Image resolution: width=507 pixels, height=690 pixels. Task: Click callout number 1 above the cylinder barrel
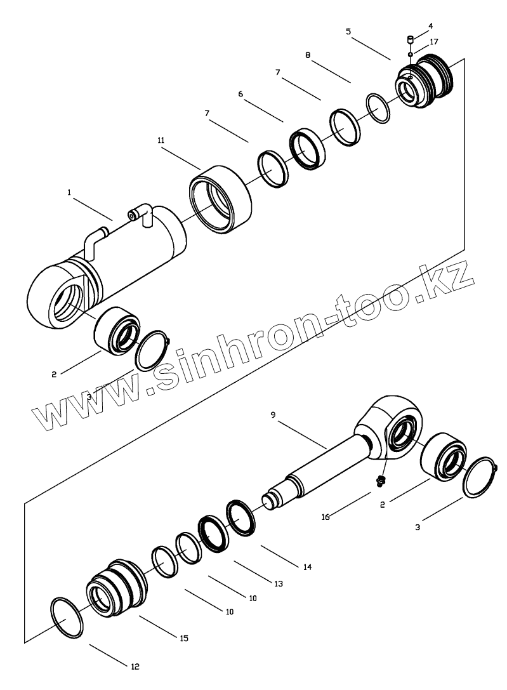[x=69, y=191]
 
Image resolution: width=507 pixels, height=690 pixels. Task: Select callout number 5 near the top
[x=348, y=30]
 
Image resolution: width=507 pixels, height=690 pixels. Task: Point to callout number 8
[x=308, y=55]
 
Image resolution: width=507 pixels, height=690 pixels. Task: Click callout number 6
[x=240, y=93]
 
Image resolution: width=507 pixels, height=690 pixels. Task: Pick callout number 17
[x=434, y=41]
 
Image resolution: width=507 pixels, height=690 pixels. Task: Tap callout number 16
[x=326, y=517]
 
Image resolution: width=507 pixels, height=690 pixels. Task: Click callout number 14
[x=307, y=566]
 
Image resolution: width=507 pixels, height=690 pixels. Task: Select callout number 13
[x=278, y=583]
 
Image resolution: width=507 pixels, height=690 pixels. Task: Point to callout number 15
[x=184, y=637]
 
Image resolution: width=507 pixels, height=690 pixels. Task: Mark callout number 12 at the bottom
[x=135, y=666]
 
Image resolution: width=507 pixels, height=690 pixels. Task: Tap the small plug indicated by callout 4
[x=410, y=41]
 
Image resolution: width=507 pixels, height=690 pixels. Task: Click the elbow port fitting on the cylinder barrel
[x=142, y=213]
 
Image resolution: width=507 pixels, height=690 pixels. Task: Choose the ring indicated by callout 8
[x=379, y=109]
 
